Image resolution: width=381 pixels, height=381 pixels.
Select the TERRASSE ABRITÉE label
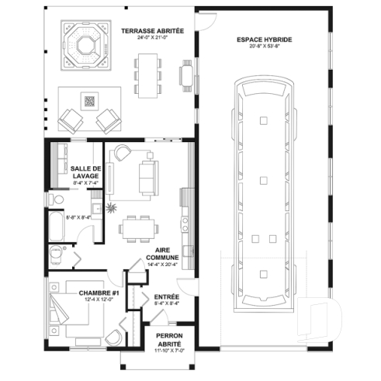(152, 30)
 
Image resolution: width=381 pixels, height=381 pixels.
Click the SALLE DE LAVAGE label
(85, 172)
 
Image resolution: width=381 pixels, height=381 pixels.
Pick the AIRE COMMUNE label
(163, 253)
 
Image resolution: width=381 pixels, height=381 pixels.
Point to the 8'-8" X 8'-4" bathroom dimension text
(78, 217)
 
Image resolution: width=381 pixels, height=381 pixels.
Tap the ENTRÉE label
(167, 296)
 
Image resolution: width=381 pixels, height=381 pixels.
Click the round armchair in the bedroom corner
(114, 335)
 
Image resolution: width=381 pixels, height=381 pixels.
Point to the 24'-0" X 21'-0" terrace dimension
(152, 37)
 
